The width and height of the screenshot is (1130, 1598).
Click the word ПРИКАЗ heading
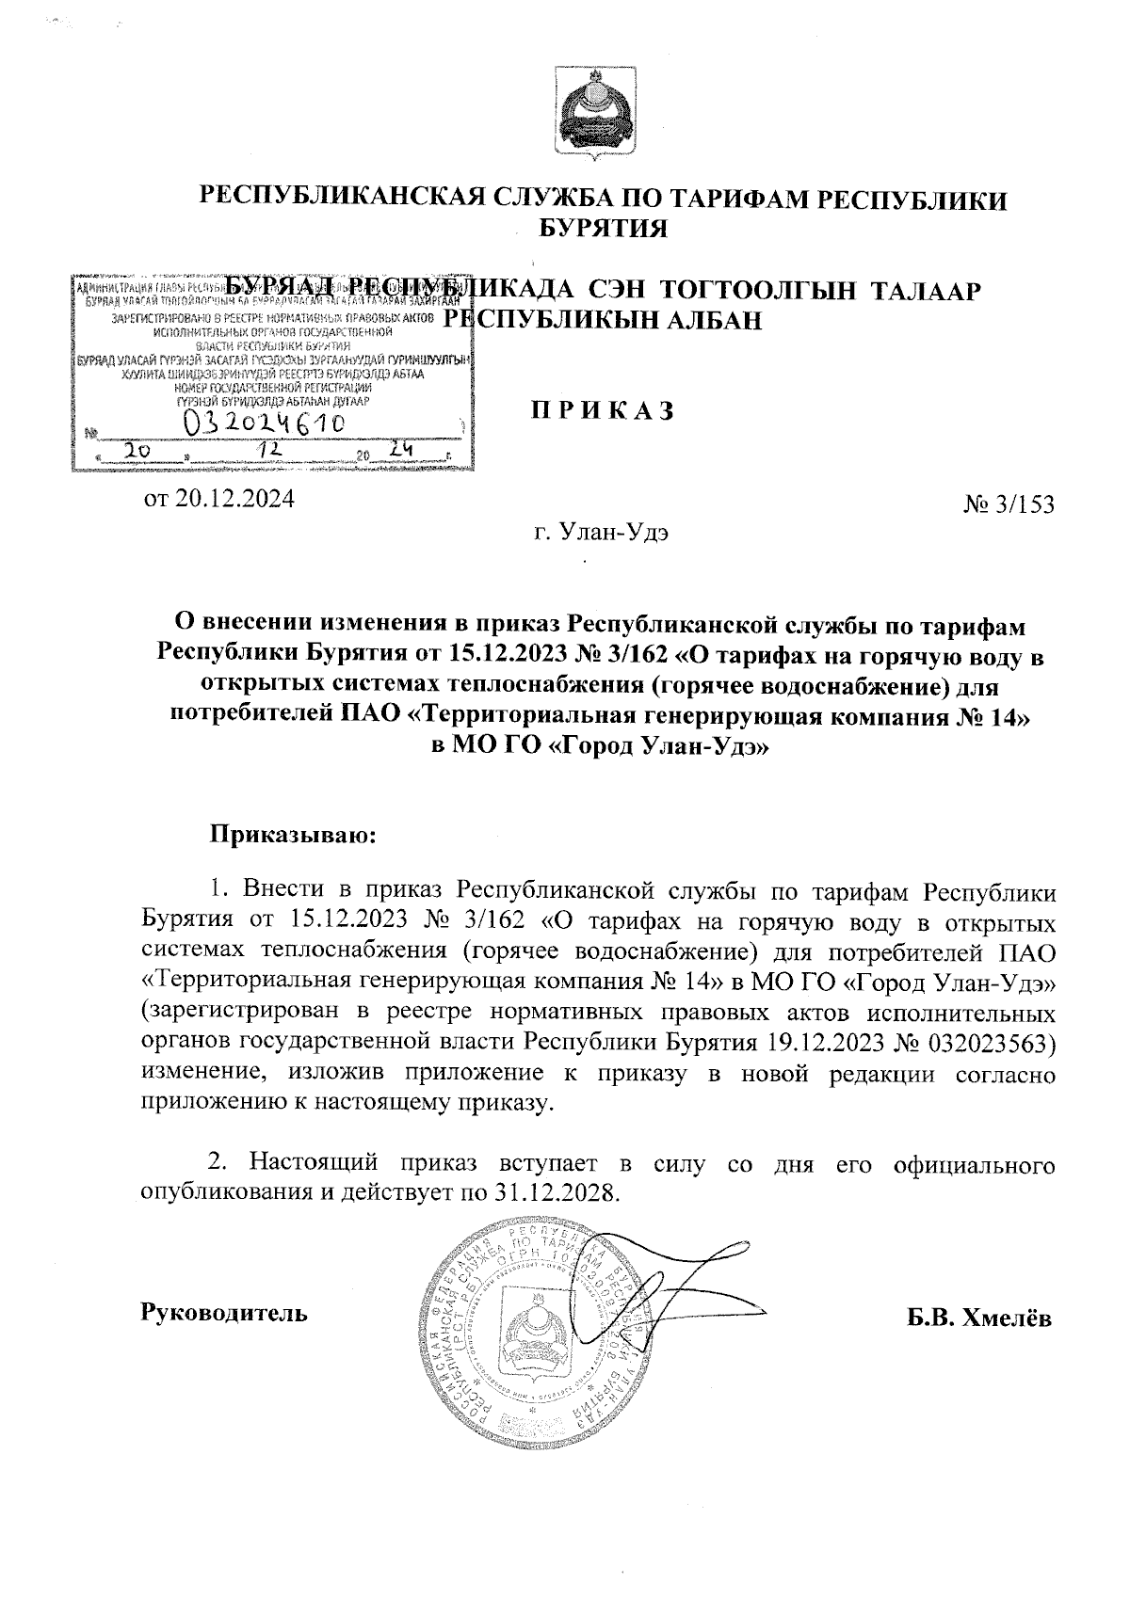(603, 411)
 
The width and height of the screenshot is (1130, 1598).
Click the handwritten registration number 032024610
(266, 423)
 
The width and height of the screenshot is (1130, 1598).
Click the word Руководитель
(223, 1312)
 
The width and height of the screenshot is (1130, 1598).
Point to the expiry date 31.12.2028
(557, 1193)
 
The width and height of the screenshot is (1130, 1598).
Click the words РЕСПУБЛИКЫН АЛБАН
(603, 321)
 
